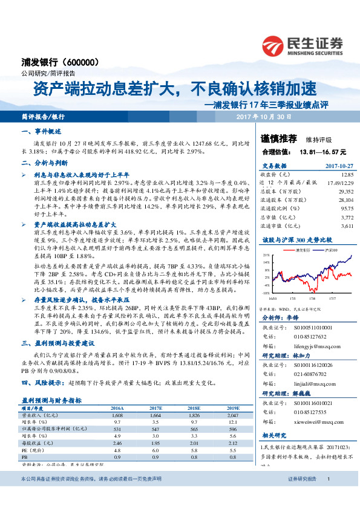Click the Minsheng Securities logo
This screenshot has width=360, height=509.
point(302,45)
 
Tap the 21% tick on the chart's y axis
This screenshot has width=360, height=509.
point(265,256)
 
